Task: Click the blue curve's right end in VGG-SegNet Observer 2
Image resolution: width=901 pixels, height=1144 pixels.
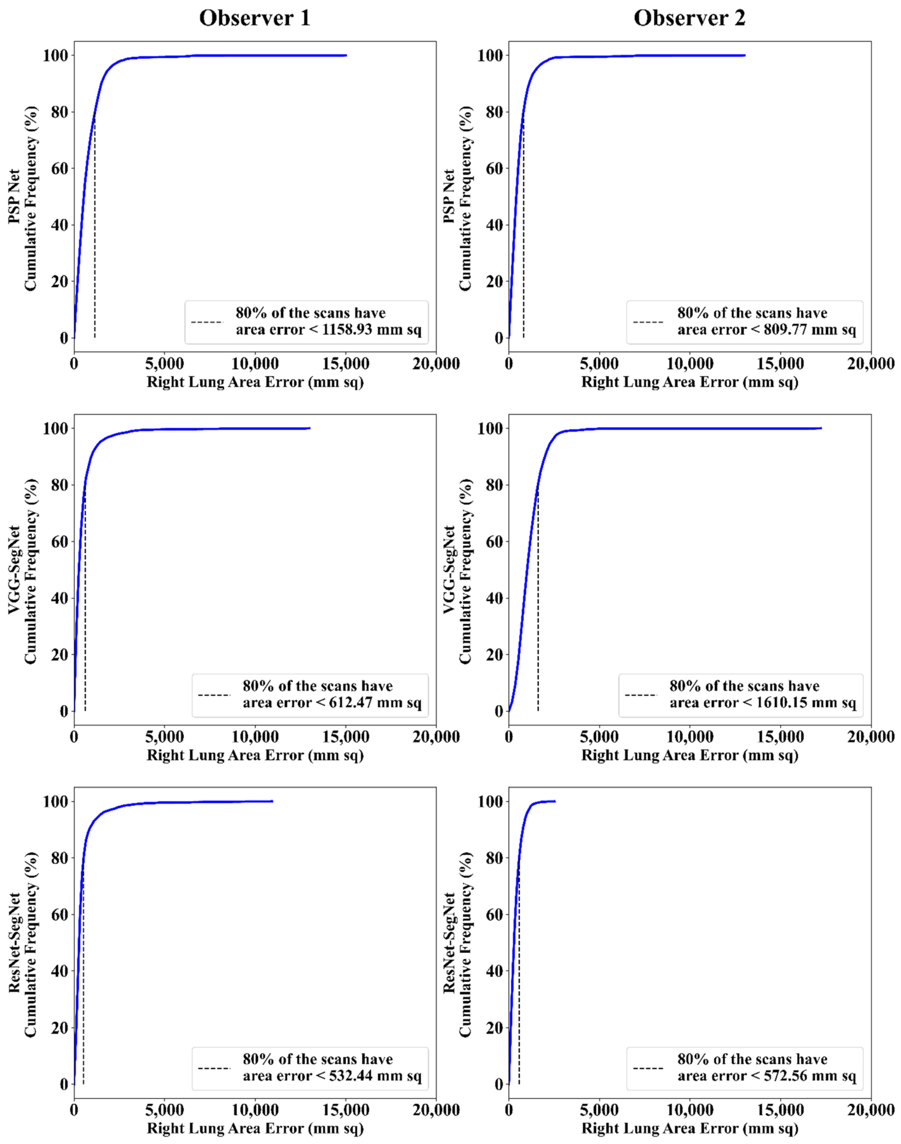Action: pyautogui.click(x=821, y=428)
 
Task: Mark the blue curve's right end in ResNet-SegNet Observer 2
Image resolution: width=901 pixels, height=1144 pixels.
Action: pyautogui.click(x=555, y=801)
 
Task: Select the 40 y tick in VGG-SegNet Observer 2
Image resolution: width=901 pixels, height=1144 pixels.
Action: pyautogui.click(x=494, y=598)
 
